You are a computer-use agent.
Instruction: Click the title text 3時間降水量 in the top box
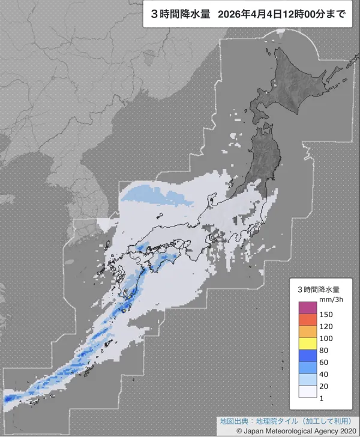pyautogui.click(x=179, y=15)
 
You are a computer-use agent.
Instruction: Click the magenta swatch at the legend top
pyautogui.click(x=307, y=308)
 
